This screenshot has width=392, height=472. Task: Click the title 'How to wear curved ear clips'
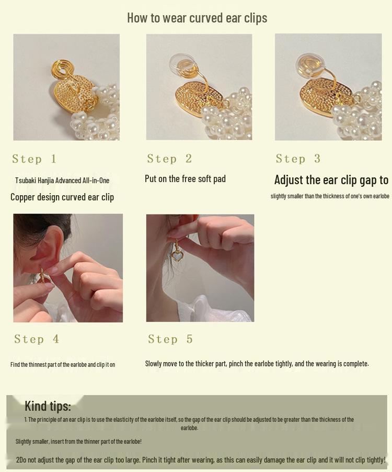pyautogui.click(x=197, y=18)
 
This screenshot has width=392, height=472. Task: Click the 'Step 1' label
pyautogui.click(x=34, y=159)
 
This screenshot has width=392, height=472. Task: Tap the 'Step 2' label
pyautogui.click(x=169, y=159)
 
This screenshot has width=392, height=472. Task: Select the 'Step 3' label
pyautogui.click(x=298, y=159)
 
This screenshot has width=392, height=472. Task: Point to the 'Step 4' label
pyautogui.click(x=37, y=339)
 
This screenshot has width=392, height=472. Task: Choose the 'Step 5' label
pyautogui.click(x=170, y=339)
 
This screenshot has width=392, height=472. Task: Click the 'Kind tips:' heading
pyautogui.click(x=48, y=406)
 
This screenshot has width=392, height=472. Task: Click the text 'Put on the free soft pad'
pyautogui.click(x=185, y=179)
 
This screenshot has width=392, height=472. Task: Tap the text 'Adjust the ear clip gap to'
pyautogui.click(x=331, y=180)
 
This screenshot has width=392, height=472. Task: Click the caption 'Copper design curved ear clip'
pyautogui.click(x=62, y=197)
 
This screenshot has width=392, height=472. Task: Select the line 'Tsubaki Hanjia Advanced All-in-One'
pyautogui.click(x=62, y=181)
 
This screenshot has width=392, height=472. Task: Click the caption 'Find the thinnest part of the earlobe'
pyautogui.click(x=63, y=365)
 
